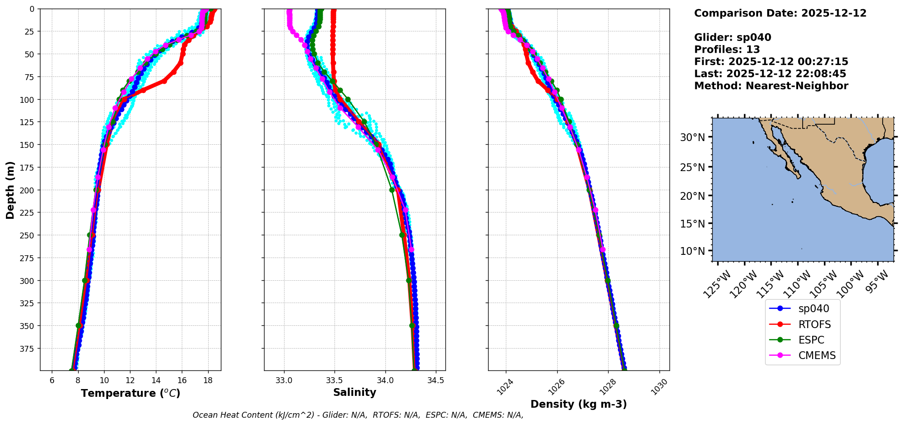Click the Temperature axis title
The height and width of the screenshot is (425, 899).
tap(130, 393)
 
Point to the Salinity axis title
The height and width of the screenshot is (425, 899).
tap(355, 392)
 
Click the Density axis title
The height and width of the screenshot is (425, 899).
tap(579, 404)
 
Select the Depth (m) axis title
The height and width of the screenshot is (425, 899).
tap(10, 190)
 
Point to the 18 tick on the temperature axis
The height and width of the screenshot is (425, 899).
tap(208, 380)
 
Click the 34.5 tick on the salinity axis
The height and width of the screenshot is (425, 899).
tap(436, 380)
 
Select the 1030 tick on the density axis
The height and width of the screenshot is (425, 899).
tap(659, 387)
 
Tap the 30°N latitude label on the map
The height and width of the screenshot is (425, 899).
tap(692, 137)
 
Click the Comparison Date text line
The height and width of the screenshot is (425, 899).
tap(780, 13)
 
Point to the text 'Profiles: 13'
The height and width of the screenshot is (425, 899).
tap(727, 50)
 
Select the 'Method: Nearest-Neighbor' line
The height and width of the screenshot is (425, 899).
tap(771, 86)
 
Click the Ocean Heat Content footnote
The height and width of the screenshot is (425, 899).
tap(358, 415)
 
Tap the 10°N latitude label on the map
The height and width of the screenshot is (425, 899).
tap(692, 251)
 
